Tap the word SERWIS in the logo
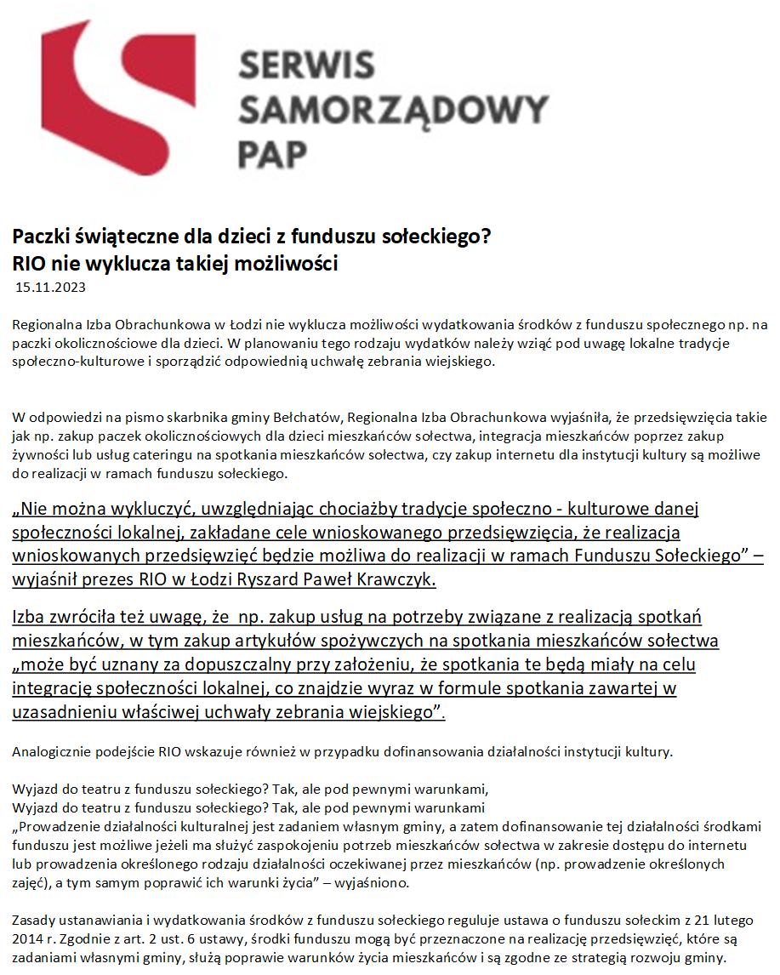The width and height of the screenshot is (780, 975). (x=306, y=66)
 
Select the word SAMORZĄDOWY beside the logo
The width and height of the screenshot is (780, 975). (x=393, y=110)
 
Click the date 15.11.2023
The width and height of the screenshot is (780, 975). (x=51, y=288)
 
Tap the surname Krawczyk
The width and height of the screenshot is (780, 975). (x=401, y=580)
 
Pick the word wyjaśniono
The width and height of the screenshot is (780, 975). (x=373, y=882)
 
